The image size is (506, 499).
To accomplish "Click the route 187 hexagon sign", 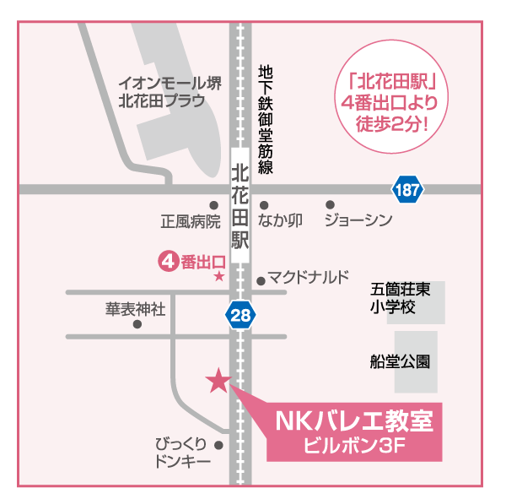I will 407,190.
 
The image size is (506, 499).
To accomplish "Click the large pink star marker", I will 218,381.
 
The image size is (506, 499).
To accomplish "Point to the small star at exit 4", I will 218,276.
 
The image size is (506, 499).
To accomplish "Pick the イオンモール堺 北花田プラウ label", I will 170,93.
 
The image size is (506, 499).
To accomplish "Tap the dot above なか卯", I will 264,204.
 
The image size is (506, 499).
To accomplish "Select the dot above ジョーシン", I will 330,204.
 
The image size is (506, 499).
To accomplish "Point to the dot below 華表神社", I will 137,323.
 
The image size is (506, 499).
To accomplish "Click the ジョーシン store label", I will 359,221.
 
